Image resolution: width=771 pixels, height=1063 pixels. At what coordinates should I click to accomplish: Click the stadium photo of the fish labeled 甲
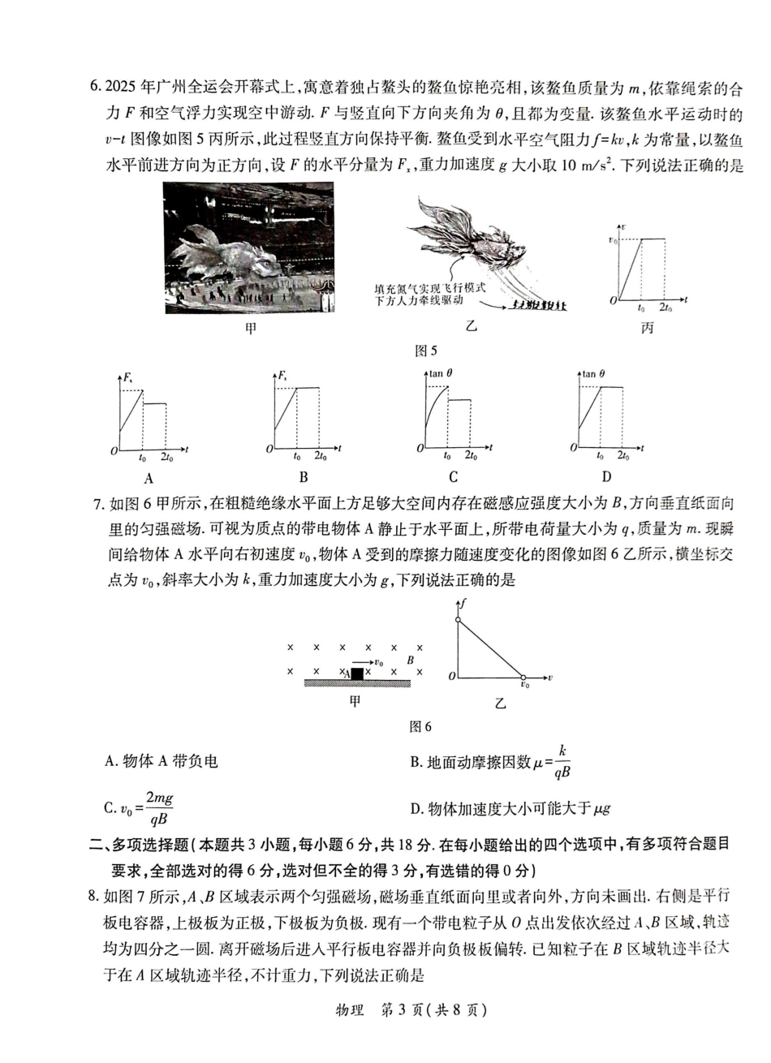(248, 247)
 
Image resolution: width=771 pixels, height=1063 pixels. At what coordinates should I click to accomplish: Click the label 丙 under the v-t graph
(647, 328)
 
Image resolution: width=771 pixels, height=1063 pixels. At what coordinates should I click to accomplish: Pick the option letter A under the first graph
(149, 477)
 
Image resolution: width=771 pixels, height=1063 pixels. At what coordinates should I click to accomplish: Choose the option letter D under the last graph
(606, 477)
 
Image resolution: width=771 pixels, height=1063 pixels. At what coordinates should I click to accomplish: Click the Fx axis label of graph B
(283, 377)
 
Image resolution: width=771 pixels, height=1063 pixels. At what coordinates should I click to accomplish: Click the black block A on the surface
(356, 674)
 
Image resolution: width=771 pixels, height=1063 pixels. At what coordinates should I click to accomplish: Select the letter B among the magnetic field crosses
(411, 661)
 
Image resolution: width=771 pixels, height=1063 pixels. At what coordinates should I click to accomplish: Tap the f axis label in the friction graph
(462, 604)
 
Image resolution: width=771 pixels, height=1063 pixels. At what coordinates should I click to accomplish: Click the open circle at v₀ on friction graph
(523, 676)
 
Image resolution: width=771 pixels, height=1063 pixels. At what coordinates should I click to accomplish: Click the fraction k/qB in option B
(562, 762)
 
